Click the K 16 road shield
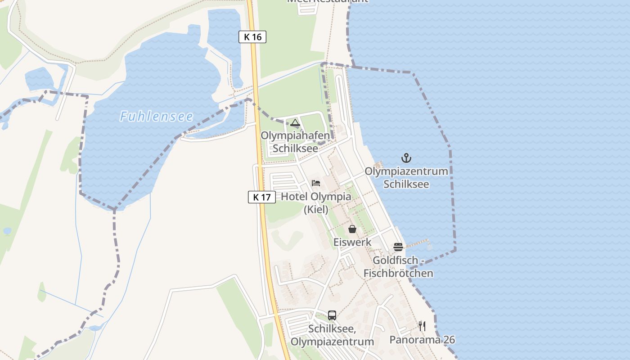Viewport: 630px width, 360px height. coord(252,37)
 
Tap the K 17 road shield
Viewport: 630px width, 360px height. coord(261,197)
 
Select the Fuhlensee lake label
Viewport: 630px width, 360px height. coord(156,117)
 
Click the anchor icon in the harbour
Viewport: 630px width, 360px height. coord(406,158)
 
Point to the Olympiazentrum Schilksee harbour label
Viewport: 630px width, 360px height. coord(406,178)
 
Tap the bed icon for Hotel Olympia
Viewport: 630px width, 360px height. coord(316,183)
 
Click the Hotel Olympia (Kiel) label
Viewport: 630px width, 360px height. coord(316,203)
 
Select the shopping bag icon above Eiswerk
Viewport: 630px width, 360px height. coord(352,229)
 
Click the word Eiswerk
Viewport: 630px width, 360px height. coord(352,242)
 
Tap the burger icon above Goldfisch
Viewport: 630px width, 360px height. coord(398,247)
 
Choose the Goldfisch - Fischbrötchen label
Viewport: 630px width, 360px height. coord(398,267)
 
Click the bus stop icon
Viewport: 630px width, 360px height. coord(332,315)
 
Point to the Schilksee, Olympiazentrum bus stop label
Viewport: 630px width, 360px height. coord(332,335)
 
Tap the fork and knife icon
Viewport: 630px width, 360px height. coord(422,326)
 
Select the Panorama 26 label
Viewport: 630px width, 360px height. coord(422,340)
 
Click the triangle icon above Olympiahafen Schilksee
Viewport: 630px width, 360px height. coord(295,122)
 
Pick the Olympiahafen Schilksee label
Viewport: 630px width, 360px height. coord(295,142)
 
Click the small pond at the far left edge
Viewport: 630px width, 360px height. coord(7,231)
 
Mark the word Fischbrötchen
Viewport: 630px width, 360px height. coord(398,273)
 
